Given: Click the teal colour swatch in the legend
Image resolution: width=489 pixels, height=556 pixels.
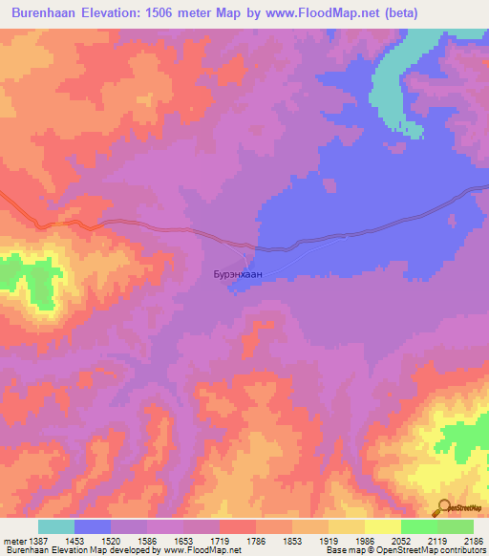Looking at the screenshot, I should (x=56, y=526).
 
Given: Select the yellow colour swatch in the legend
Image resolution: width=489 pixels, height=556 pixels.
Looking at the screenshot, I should (x=383, y=526).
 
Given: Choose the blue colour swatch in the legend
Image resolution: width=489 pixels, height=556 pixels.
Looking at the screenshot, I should (x=93, y=526).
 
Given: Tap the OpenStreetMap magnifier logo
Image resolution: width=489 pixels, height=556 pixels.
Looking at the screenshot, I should (x=445, y=507).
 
